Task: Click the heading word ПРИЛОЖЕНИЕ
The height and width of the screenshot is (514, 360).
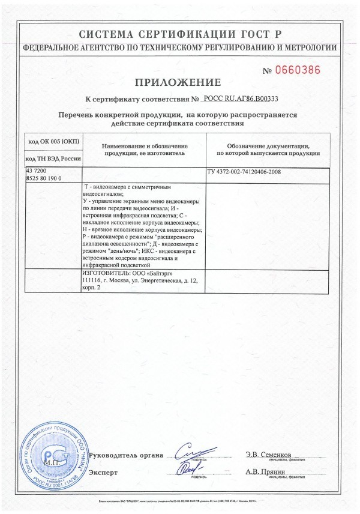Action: tap(179, 82)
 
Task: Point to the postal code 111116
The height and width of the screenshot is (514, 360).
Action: tap(91, 280)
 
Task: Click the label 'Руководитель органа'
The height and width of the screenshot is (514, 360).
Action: tap(125, 455)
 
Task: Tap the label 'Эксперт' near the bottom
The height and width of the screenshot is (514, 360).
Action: tap(103, 473)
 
